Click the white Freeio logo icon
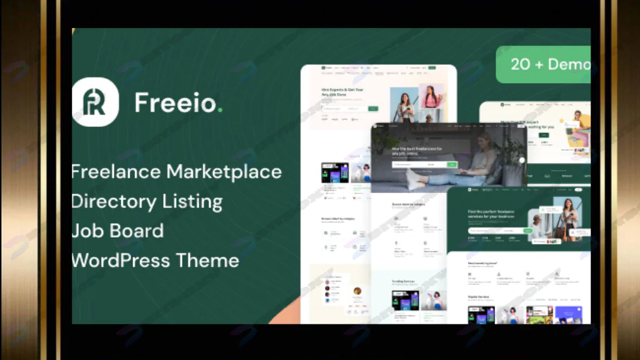coord(95,102)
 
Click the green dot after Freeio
coord(220,111)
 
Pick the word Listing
coord(192,202)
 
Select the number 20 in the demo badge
coord(520,64)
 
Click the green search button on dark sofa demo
coord(452,165)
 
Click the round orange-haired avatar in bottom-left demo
coord(357,291)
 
